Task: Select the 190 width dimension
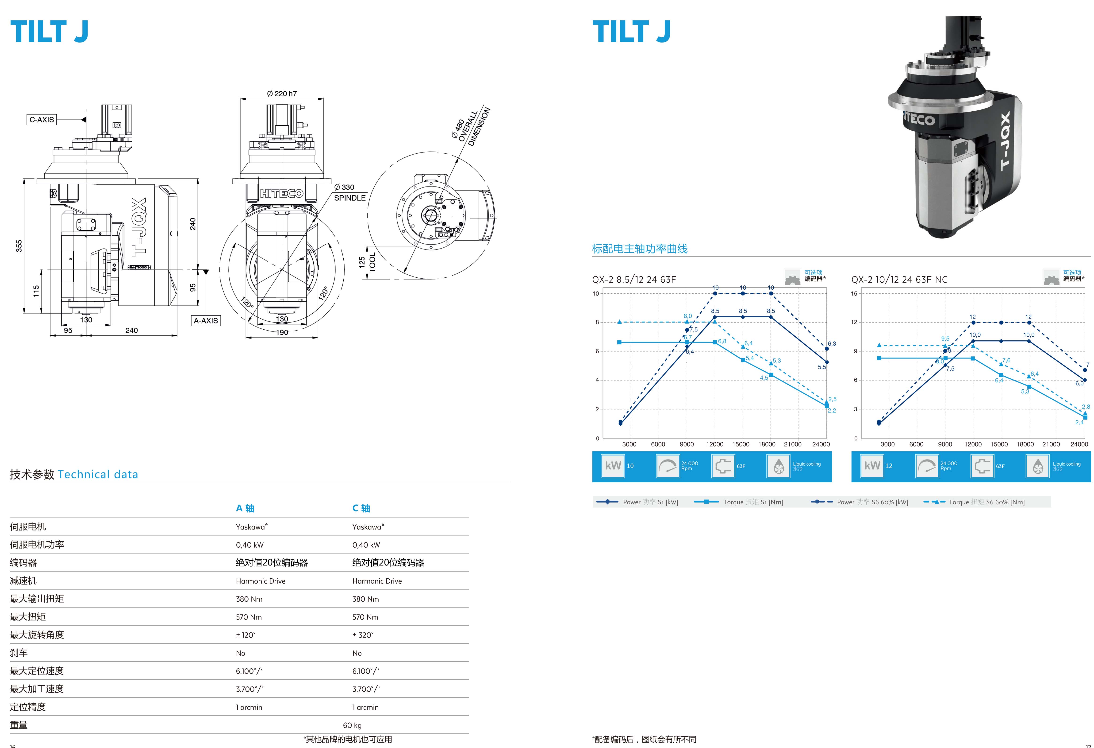click(282, 333)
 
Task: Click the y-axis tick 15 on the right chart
click(854, 293)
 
